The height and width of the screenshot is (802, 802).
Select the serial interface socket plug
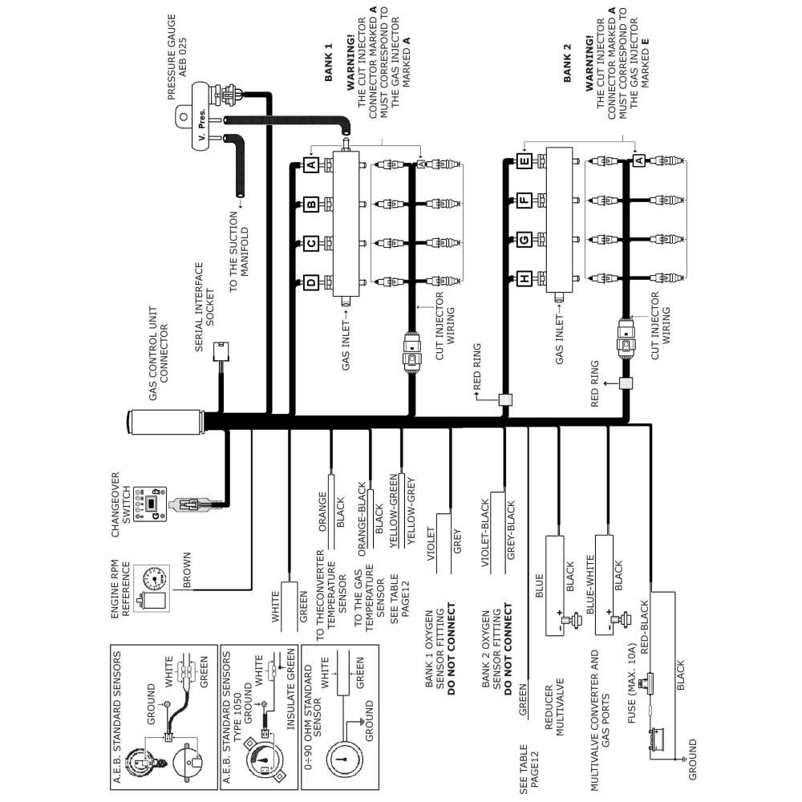(221, 353)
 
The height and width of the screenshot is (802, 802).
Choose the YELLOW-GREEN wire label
(393, 519)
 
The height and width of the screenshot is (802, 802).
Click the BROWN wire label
(186, 570)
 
